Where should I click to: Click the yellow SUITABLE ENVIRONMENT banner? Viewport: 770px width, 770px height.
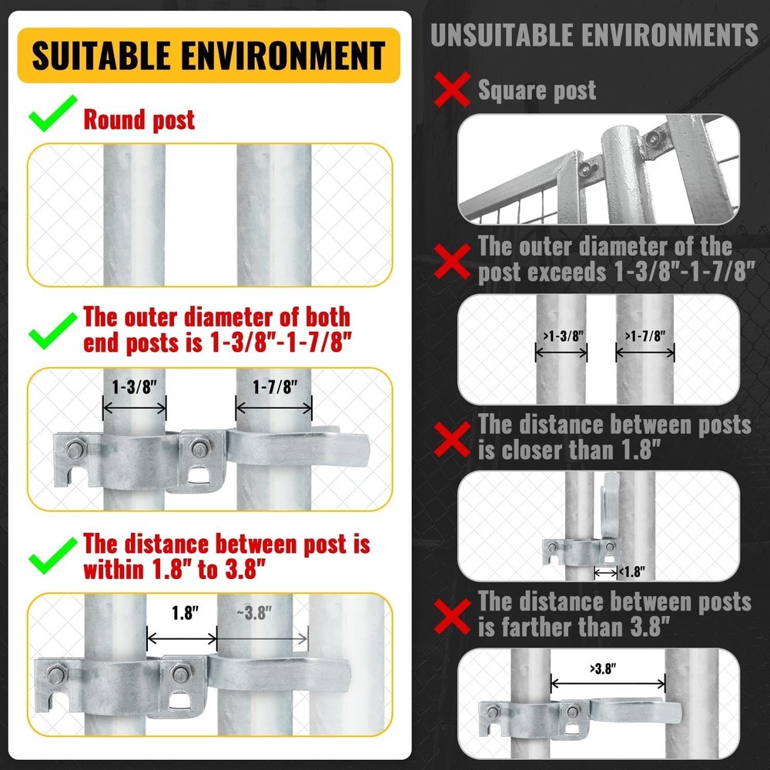coord(209,55)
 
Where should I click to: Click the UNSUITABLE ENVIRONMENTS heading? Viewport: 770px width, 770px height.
coord(594,35)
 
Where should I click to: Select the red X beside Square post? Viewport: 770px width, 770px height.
coord(452,90)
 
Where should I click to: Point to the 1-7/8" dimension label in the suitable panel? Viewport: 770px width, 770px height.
coord(273,387)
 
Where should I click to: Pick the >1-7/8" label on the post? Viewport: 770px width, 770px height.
coord(645,336)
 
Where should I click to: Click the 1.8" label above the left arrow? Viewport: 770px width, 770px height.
coord(182,615)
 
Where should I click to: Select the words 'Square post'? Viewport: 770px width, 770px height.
coord(537,90)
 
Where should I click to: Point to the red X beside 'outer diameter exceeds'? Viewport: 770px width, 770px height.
coord(452,259)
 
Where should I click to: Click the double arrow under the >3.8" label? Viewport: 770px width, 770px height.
coord(608,682)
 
